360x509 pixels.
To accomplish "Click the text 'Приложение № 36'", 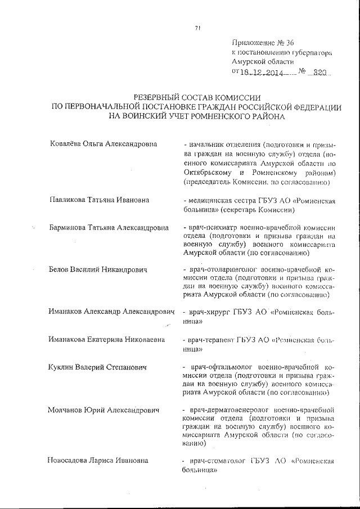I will tap(263, 43).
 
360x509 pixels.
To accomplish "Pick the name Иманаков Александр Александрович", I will tap(111, 311).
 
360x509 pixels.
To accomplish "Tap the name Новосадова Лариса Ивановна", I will tap(99, 461).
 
